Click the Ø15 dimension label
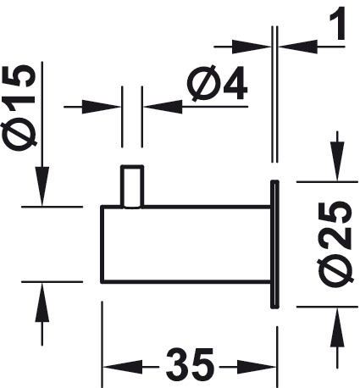(19, 107)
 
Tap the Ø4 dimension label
(217, 84)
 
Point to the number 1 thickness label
(338, 23)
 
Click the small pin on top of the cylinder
(132, 186)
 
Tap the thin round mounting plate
(274, 244)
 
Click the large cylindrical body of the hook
(186, 244)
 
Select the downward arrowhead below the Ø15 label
(42, 186)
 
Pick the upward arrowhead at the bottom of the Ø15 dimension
(42, 302)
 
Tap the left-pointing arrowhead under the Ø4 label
(163, 107)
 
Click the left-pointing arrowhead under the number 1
(298, 47)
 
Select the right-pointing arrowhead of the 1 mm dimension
(252, 47)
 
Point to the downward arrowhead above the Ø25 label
(337, 161)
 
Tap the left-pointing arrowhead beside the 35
(122, 367)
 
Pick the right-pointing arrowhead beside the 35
(257, 367)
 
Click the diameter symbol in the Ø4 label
(202, 84)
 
